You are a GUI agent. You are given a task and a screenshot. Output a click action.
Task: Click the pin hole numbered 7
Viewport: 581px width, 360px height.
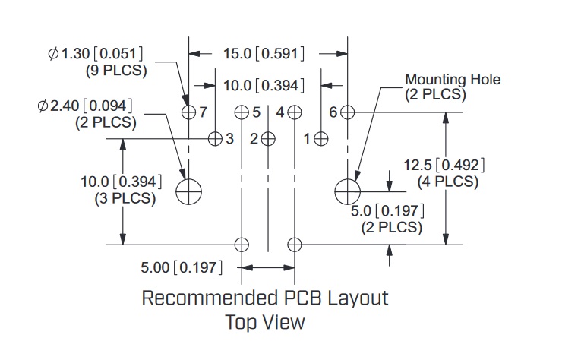pyautogui.click(x=189, y=112)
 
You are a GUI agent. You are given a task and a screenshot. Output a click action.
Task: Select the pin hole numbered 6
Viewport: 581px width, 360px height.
pyautogui.click(x=347, y=112)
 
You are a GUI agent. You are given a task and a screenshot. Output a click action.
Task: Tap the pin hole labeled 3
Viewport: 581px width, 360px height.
pyautogui.click(x=216, y=138)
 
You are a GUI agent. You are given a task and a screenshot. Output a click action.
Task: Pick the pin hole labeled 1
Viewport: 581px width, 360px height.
pyautogui.click(x=321, y=138)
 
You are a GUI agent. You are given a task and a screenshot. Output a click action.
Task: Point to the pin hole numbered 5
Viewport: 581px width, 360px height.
pyautogui.click(x=242, y=112)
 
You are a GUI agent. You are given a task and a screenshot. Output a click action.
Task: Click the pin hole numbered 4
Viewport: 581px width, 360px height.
pyautogui.click(x=295, y=112)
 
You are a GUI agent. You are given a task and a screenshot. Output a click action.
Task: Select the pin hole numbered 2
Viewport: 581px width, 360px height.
pyautogui.click(x=268, y=138)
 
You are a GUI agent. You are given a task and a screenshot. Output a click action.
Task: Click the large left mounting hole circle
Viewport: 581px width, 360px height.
pyautogui.click(x=189, y=191)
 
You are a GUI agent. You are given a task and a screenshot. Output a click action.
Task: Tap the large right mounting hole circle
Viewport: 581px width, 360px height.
pyautogui.click(x=347, y=191)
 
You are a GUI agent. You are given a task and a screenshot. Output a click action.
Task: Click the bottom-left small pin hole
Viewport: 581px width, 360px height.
pyautogui.click(x=242, y=245)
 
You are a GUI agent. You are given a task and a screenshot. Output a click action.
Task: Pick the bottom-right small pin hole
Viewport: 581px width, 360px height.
pyautogui.click(x=295, y=245)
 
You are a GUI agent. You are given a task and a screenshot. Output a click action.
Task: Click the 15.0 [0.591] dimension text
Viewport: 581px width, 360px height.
pyautogui.click(x=264, y=54)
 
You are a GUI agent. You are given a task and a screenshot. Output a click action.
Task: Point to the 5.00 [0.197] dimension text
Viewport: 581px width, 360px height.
pyautogui.click(x=181, y=267)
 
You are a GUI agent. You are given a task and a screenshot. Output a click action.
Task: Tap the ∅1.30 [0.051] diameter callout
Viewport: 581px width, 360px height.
pyautogui.click(x=96, y=54)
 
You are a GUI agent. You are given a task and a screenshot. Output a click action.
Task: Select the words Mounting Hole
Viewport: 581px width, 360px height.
pyautogui.click(x=453, y=79)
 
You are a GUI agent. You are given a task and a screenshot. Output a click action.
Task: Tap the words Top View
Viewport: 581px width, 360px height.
pyautogui.click(x=264, y=322)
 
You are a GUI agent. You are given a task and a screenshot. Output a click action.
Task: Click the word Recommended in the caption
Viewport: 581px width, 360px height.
pyautogui.click(x=200, y=297)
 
